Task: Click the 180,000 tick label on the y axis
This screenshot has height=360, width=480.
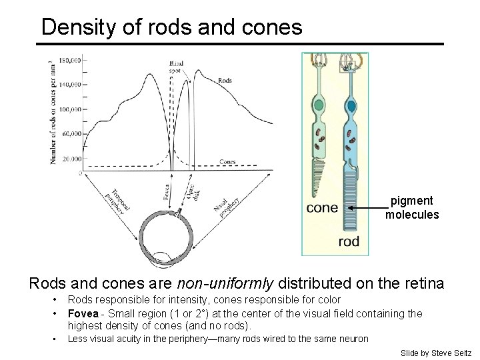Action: tap(69, 61)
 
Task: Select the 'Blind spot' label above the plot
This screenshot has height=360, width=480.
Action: tap(176, 68)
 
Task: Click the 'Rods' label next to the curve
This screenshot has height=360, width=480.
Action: tap(225, 81)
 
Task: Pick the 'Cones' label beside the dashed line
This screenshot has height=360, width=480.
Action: tap(227, 161)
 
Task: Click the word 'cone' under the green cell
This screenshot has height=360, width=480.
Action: tap(322, 208)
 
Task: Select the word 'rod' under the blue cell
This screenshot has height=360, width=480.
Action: tap(349, 241)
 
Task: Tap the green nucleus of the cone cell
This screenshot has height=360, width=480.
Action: tap(319, 105)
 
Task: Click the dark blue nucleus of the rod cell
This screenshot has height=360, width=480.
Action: tap(349, 105)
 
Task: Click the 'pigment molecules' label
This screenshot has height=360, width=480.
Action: tap(412, 207)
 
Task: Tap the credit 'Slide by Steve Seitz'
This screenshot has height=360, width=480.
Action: tap(436, 353)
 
